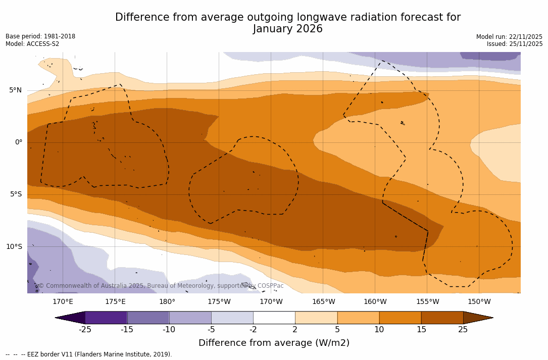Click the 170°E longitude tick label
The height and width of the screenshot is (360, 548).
click(63, 302)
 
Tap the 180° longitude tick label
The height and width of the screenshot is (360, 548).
click(167, 302)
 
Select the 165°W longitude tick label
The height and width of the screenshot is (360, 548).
click(323, 302)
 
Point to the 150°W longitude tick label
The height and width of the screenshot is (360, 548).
click(479, 302)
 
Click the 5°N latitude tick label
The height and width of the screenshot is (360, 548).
click(15, 90)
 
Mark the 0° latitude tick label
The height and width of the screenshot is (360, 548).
click(18, 142)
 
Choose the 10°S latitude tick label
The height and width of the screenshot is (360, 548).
click(14, 247)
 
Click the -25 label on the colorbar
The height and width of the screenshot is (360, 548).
click(85, 330)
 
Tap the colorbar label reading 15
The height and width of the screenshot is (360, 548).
click(421, 330)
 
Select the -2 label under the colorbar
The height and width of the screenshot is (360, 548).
click(253, 330)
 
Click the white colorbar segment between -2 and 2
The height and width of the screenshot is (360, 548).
click(274, 318)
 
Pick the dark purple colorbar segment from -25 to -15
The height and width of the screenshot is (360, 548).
click(106, 318)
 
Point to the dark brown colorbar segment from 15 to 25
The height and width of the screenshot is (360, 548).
click(442, 318)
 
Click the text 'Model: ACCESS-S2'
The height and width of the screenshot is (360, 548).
click(32, 44)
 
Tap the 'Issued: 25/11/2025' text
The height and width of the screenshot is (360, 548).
click(515, 44)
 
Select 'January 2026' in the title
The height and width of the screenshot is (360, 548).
click(287, 29)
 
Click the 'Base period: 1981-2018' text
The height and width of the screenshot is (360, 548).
click(40, 36)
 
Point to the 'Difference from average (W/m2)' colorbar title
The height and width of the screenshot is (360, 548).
click(274, 343)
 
